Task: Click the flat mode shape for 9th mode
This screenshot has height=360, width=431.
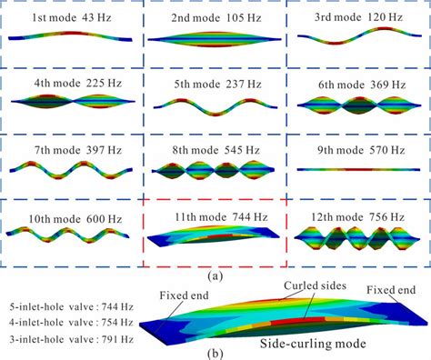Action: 357,169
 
